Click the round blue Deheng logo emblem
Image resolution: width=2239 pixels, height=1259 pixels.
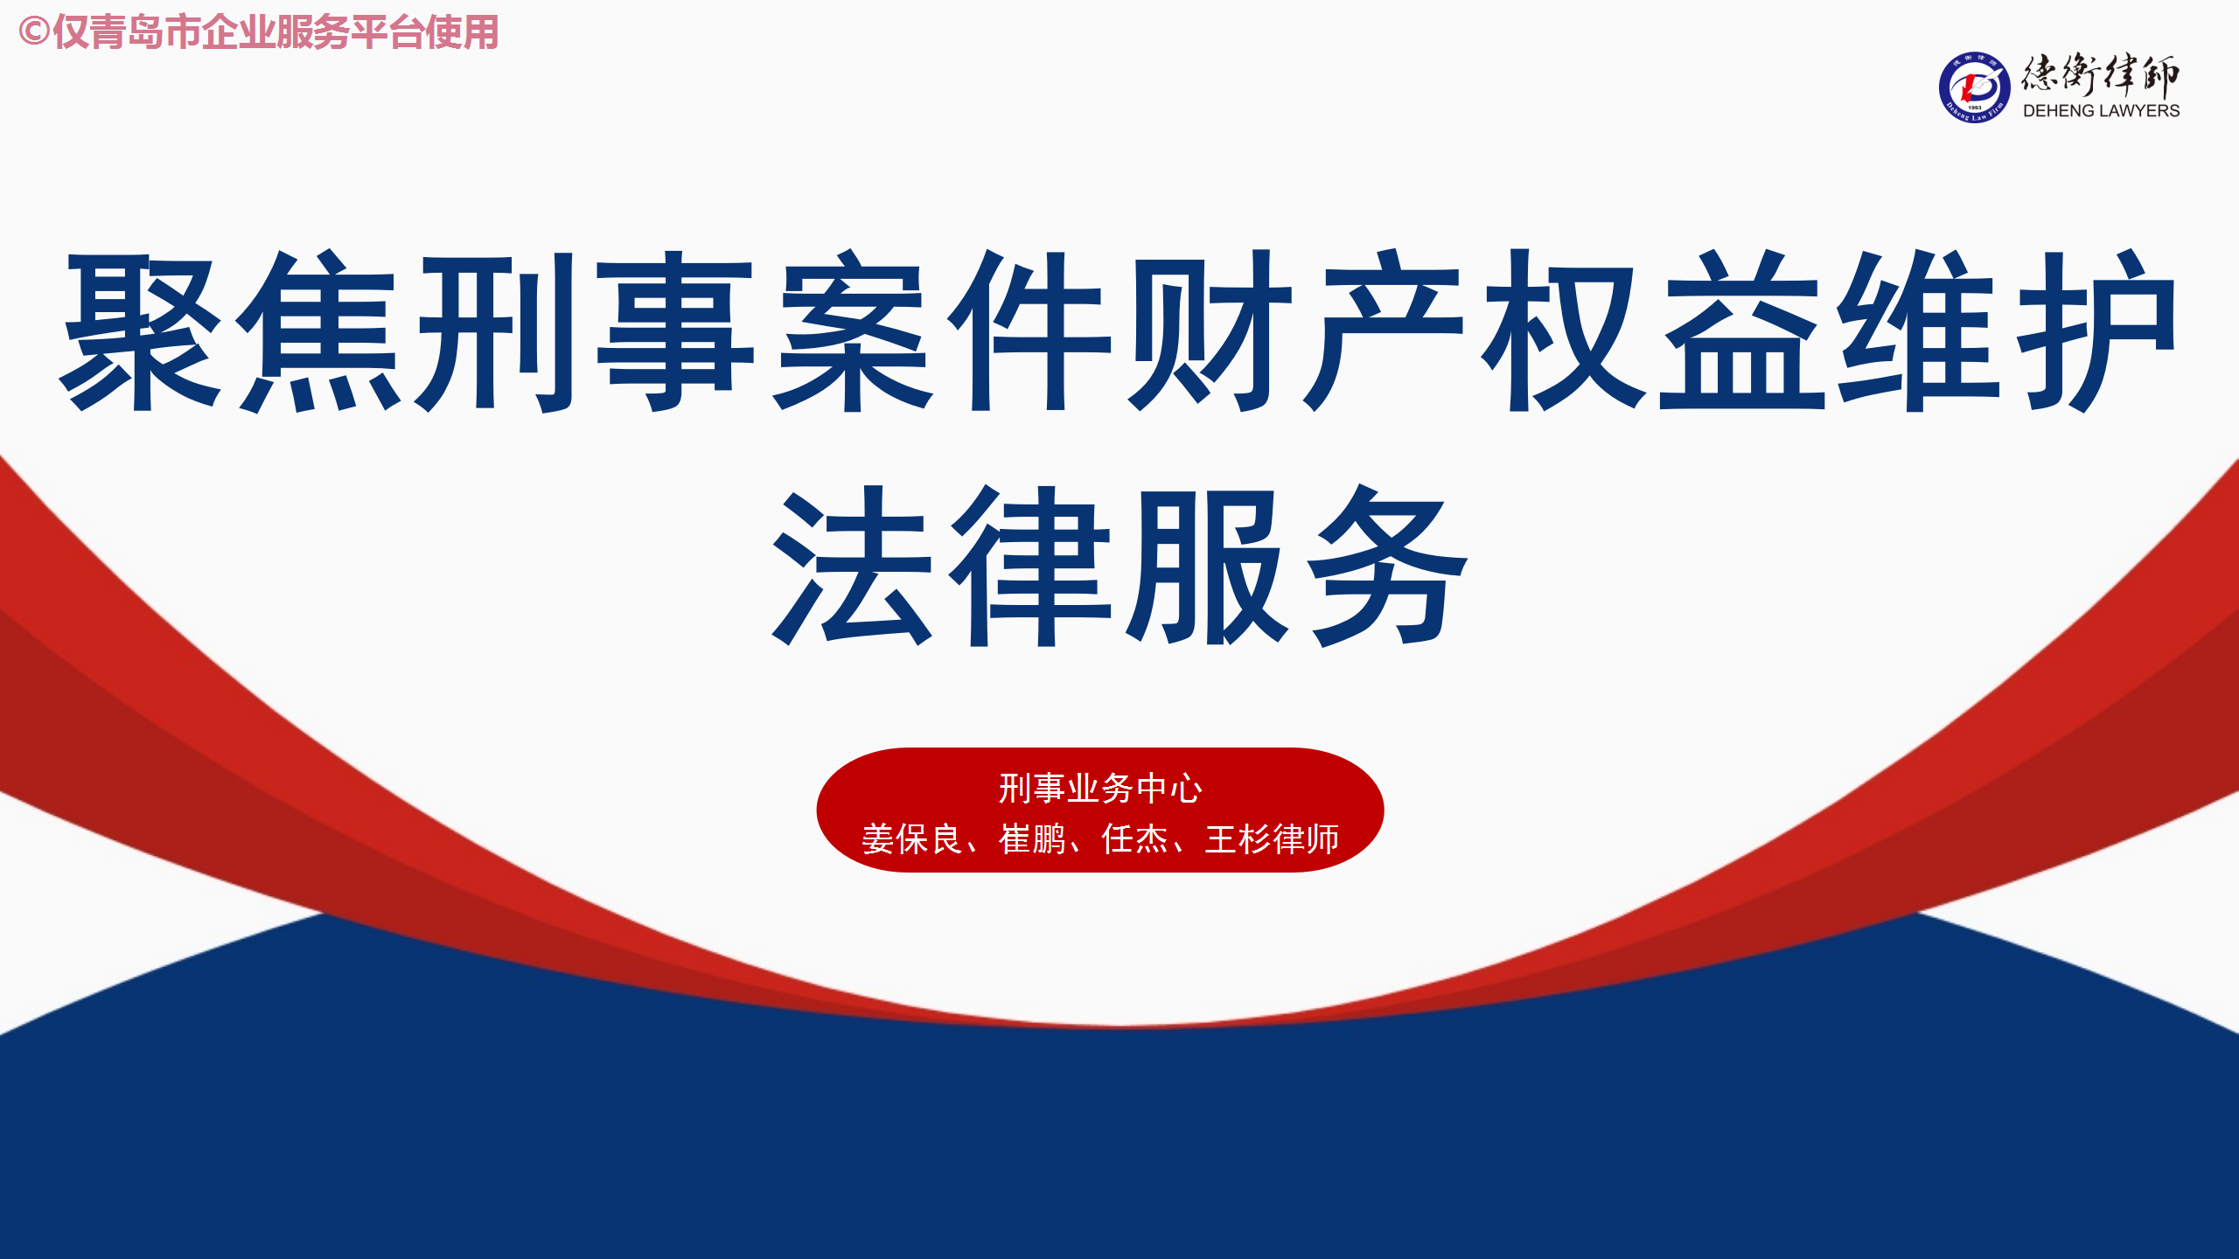pos(1974,87)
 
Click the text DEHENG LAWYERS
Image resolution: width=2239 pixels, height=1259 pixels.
pos(2101,111)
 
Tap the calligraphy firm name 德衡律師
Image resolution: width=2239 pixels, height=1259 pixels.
pos(2101,75)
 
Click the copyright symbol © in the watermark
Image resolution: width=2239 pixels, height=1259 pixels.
pos(33,32)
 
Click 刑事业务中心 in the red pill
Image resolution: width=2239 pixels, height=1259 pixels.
pos(1100,789)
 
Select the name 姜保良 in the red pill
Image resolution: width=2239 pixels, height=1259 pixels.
pos(911,839)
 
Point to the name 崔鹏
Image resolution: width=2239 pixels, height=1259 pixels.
pos(1032,839)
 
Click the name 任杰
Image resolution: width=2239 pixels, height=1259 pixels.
pos(1134,839)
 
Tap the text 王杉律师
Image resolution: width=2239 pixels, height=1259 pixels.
pos(1272,839)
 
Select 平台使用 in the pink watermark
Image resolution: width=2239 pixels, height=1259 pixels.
pos(425,32)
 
